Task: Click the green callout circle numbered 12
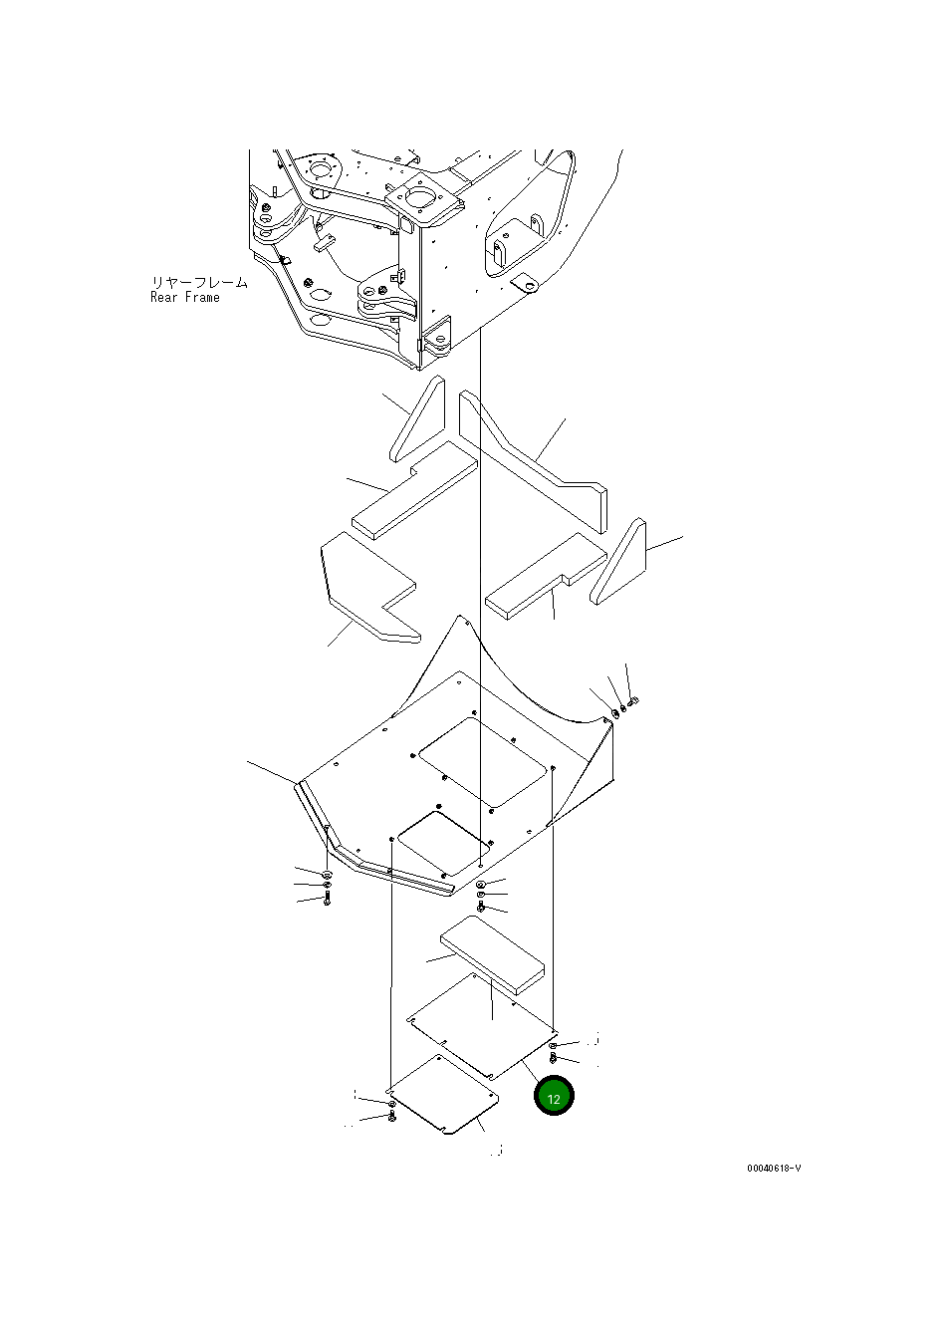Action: [x=554, y=1097]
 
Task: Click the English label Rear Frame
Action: [x=185, y=298]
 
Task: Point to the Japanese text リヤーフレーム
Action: [x=198, y=282]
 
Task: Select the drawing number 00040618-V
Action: [x=773, y=1168]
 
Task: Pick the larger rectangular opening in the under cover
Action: [x=486, y=762]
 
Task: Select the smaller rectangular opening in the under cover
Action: [x=441, y=851]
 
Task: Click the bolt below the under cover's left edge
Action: [x=327, y=898]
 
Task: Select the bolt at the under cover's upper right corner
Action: [x=634, y=701]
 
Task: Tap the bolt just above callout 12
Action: [x=554, y=1057]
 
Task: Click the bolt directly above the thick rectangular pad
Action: [x=482, y=907]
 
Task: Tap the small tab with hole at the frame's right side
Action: [x=525, y=285]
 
